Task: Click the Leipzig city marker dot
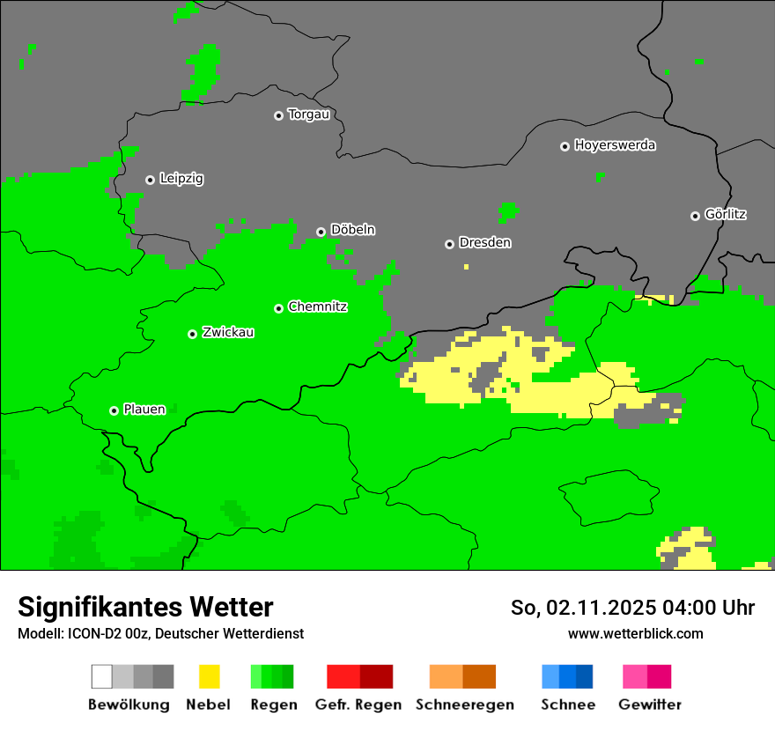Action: click(x=150, y=180)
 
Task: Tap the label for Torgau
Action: click(x=308, y=114)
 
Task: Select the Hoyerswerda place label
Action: click(x=615, y=145)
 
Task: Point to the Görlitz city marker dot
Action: click(x=695, y=216)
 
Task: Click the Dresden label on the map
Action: click(x=484, y=242)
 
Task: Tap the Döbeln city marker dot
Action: click(x=321, y=232)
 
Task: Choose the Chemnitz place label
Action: click(x=317, y=306)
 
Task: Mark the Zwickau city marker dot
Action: click(x=192, y=334)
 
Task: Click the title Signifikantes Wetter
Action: click(x=145, y=607)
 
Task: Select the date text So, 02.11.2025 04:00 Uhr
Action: click(x=632, y=608)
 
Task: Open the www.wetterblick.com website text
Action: click(x=635, y=633)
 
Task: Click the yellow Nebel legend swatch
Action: click(x=209, y=676)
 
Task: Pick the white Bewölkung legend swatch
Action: click(x=102, y=676)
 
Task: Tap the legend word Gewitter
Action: click(x=650, y=705)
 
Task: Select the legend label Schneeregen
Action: click(x=464, y=705)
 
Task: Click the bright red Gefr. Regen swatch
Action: click(x=343, y=676)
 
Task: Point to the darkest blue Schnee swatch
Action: click(x=585, y=676)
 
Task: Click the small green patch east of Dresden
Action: click(x=508, y=211)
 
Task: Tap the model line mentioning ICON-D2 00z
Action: click(x=160, y=633)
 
